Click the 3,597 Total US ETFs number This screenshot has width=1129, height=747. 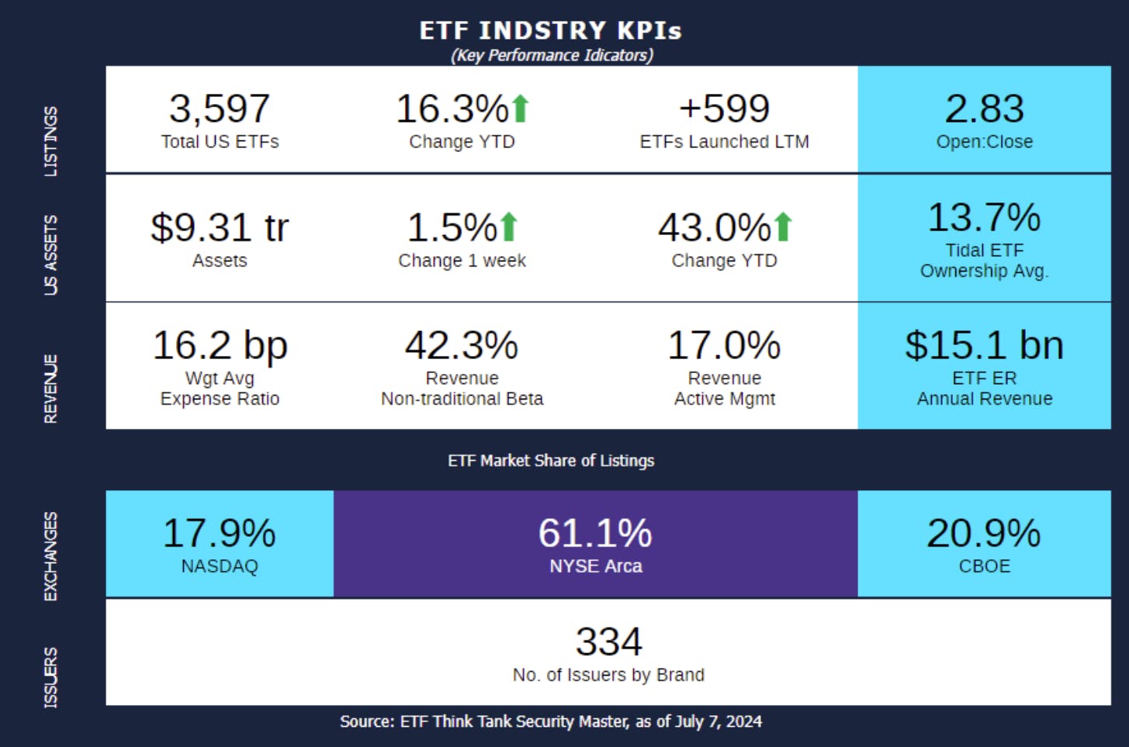[x=220, y=109]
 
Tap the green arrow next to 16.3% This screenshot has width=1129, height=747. [x=521, y=109]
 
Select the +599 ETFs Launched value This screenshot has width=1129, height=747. [x=724, y=109]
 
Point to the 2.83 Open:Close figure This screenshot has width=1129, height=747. [x=984, y=109]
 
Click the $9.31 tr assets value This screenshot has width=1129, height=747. [x=220, y=228]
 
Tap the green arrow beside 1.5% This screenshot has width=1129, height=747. [x=509, y=227]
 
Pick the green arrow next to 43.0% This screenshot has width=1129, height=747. [x=783, y=227]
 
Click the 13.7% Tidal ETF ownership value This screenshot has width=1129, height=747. [x=984, y=218]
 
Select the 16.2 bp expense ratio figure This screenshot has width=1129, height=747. [x=220, y=345]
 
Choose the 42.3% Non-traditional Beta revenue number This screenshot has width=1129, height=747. [x=462, y=345]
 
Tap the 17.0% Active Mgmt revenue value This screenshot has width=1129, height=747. [x=724, y=345]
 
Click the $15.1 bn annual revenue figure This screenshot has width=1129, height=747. [x=984, y=345]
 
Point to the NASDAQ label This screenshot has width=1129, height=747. [x=220, y=566]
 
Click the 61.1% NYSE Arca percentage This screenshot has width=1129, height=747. [x=595, y=534]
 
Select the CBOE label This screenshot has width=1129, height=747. [x=984, y=566]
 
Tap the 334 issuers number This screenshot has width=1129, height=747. [x=608, y=642]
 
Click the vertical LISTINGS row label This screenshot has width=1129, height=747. [x=50, y=141]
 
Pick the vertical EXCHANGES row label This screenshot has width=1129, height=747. [x=50, y=556]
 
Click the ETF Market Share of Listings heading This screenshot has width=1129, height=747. [x=551, y=461]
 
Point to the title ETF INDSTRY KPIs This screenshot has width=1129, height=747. [x=551, y=31]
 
